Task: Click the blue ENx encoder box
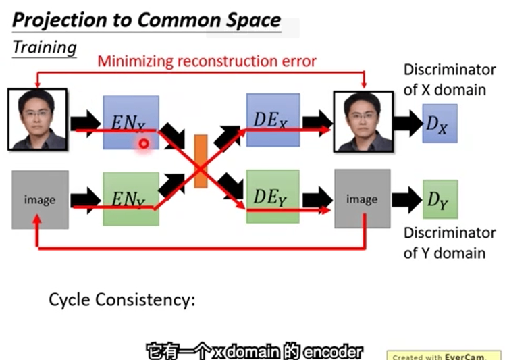[x=130, y=122]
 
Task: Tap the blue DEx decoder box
[x=273, y=119]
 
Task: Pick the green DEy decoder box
[x=273, y=196]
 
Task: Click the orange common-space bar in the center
[x=201, y=161]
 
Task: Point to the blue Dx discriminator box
[x=440, y=123]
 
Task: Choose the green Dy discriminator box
[x=440, y=199]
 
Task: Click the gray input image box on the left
[x=39, y=199]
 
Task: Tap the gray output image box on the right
[x=362, y=199]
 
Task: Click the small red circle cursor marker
[x=143, y=143]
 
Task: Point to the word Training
[x=44, y=48]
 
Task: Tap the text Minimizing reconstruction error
[x=207, y=61]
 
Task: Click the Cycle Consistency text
[x=122, y=299]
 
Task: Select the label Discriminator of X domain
[x=444, y=79]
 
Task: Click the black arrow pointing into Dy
[x=406, y=199]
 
